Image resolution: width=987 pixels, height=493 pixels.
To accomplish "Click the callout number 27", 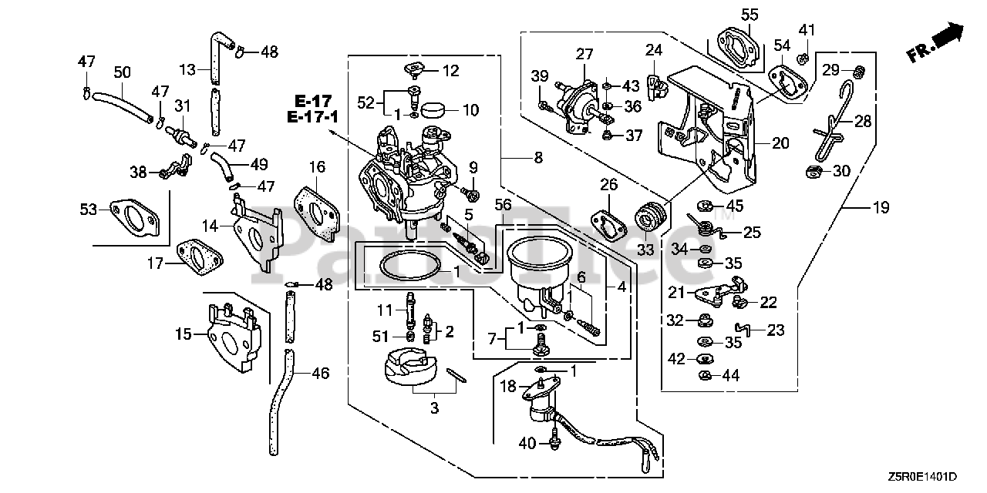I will click(x=584, y=54).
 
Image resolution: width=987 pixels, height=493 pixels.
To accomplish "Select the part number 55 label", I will click(x=750, y=14).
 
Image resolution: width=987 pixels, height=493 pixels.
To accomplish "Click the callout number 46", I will click(x=320, y=374).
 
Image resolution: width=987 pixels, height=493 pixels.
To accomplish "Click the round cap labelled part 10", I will click(x=435, y=109).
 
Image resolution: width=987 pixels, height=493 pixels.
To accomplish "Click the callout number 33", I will click(x=645, y=250).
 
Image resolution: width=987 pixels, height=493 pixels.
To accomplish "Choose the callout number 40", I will click(x=527, y=443).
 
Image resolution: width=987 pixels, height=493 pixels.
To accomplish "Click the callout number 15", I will click(x=183, y=335).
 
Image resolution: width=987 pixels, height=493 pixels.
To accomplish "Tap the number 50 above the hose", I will click(x=123, y=72).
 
